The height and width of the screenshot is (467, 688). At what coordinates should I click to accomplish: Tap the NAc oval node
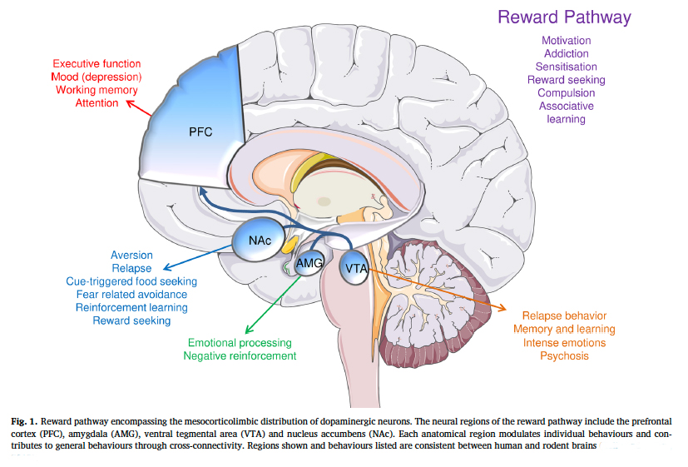point(260,241)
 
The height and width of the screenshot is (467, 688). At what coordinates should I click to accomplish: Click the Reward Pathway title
point(564,17)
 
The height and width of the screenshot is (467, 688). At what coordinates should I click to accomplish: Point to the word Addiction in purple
point(566,54)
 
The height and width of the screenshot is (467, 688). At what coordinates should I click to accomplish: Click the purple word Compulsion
point(566,93)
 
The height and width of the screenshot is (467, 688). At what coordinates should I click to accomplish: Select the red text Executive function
point(97,63)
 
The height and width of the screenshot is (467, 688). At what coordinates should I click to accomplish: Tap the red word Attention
point(97,103)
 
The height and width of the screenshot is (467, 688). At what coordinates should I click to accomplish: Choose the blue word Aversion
point(131,255)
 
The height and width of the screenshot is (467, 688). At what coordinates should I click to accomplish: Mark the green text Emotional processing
point(240,343)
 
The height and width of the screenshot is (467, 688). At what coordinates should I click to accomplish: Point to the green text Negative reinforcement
point(240,356)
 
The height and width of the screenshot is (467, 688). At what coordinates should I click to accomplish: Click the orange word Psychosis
point(563,356)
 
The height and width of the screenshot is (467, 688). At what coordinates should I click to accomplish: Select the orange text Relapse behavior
point(563,316)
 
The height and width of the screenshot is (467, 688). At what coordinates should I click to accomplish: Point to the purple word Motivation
point(566,41)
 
